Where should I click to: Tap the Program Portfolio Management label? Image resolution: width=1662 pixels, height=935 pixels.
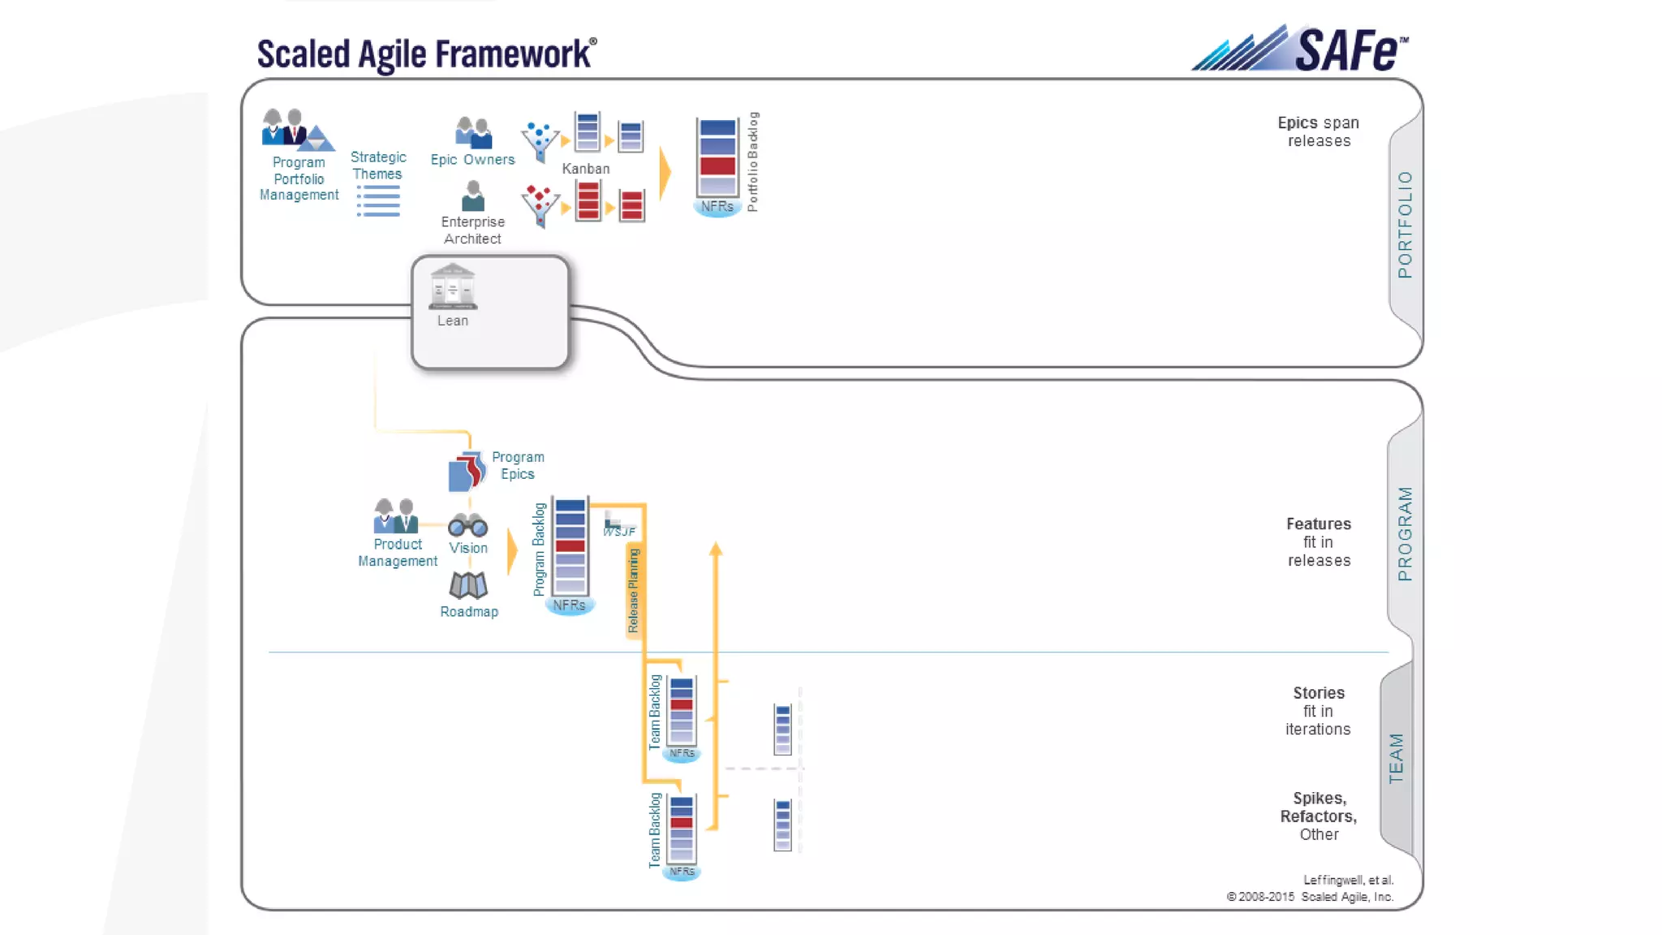299,179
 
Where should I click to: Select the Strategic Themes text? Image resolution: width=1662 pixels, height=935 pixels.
378,166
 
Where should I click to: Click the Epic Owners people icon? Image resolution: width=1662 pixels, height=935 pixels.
473,132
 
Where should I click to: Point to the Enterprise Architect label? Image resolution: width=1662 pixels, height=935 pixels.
472,231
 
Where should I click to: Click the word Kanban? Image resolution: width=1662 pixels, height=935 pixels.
585,169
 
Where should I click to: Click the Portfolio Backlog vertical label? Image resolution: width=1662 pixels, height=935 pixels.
752,162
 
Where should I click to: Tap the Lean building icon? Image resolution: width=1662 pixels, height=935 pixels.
453,287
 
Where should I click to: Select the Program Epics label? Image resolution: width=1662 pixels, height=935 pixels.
518,466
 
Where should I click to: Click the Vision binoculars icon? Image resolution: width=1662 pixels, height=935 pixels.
468,525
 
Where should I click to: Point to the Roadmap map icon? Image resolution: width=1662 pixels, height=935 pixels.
468,585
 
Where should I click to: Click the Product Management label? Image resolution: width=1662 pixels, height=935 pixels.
398,553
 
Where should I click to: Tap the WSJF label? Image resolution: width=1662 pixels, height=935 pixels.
619,531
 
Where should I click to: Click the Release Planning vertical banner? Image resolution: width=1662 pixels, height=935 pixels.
633,591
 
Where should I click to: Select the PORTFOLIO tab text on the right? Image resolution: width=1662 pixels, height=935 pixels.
1405,225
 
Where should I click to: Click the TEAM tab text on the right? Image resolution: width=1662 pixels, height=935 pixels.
1396,758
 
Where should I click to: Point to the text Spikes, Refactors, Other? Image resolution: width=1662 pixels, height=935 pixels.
1319,817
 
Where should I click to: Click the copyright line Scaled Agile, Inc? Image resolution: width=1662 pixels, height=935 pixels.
1310,897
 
